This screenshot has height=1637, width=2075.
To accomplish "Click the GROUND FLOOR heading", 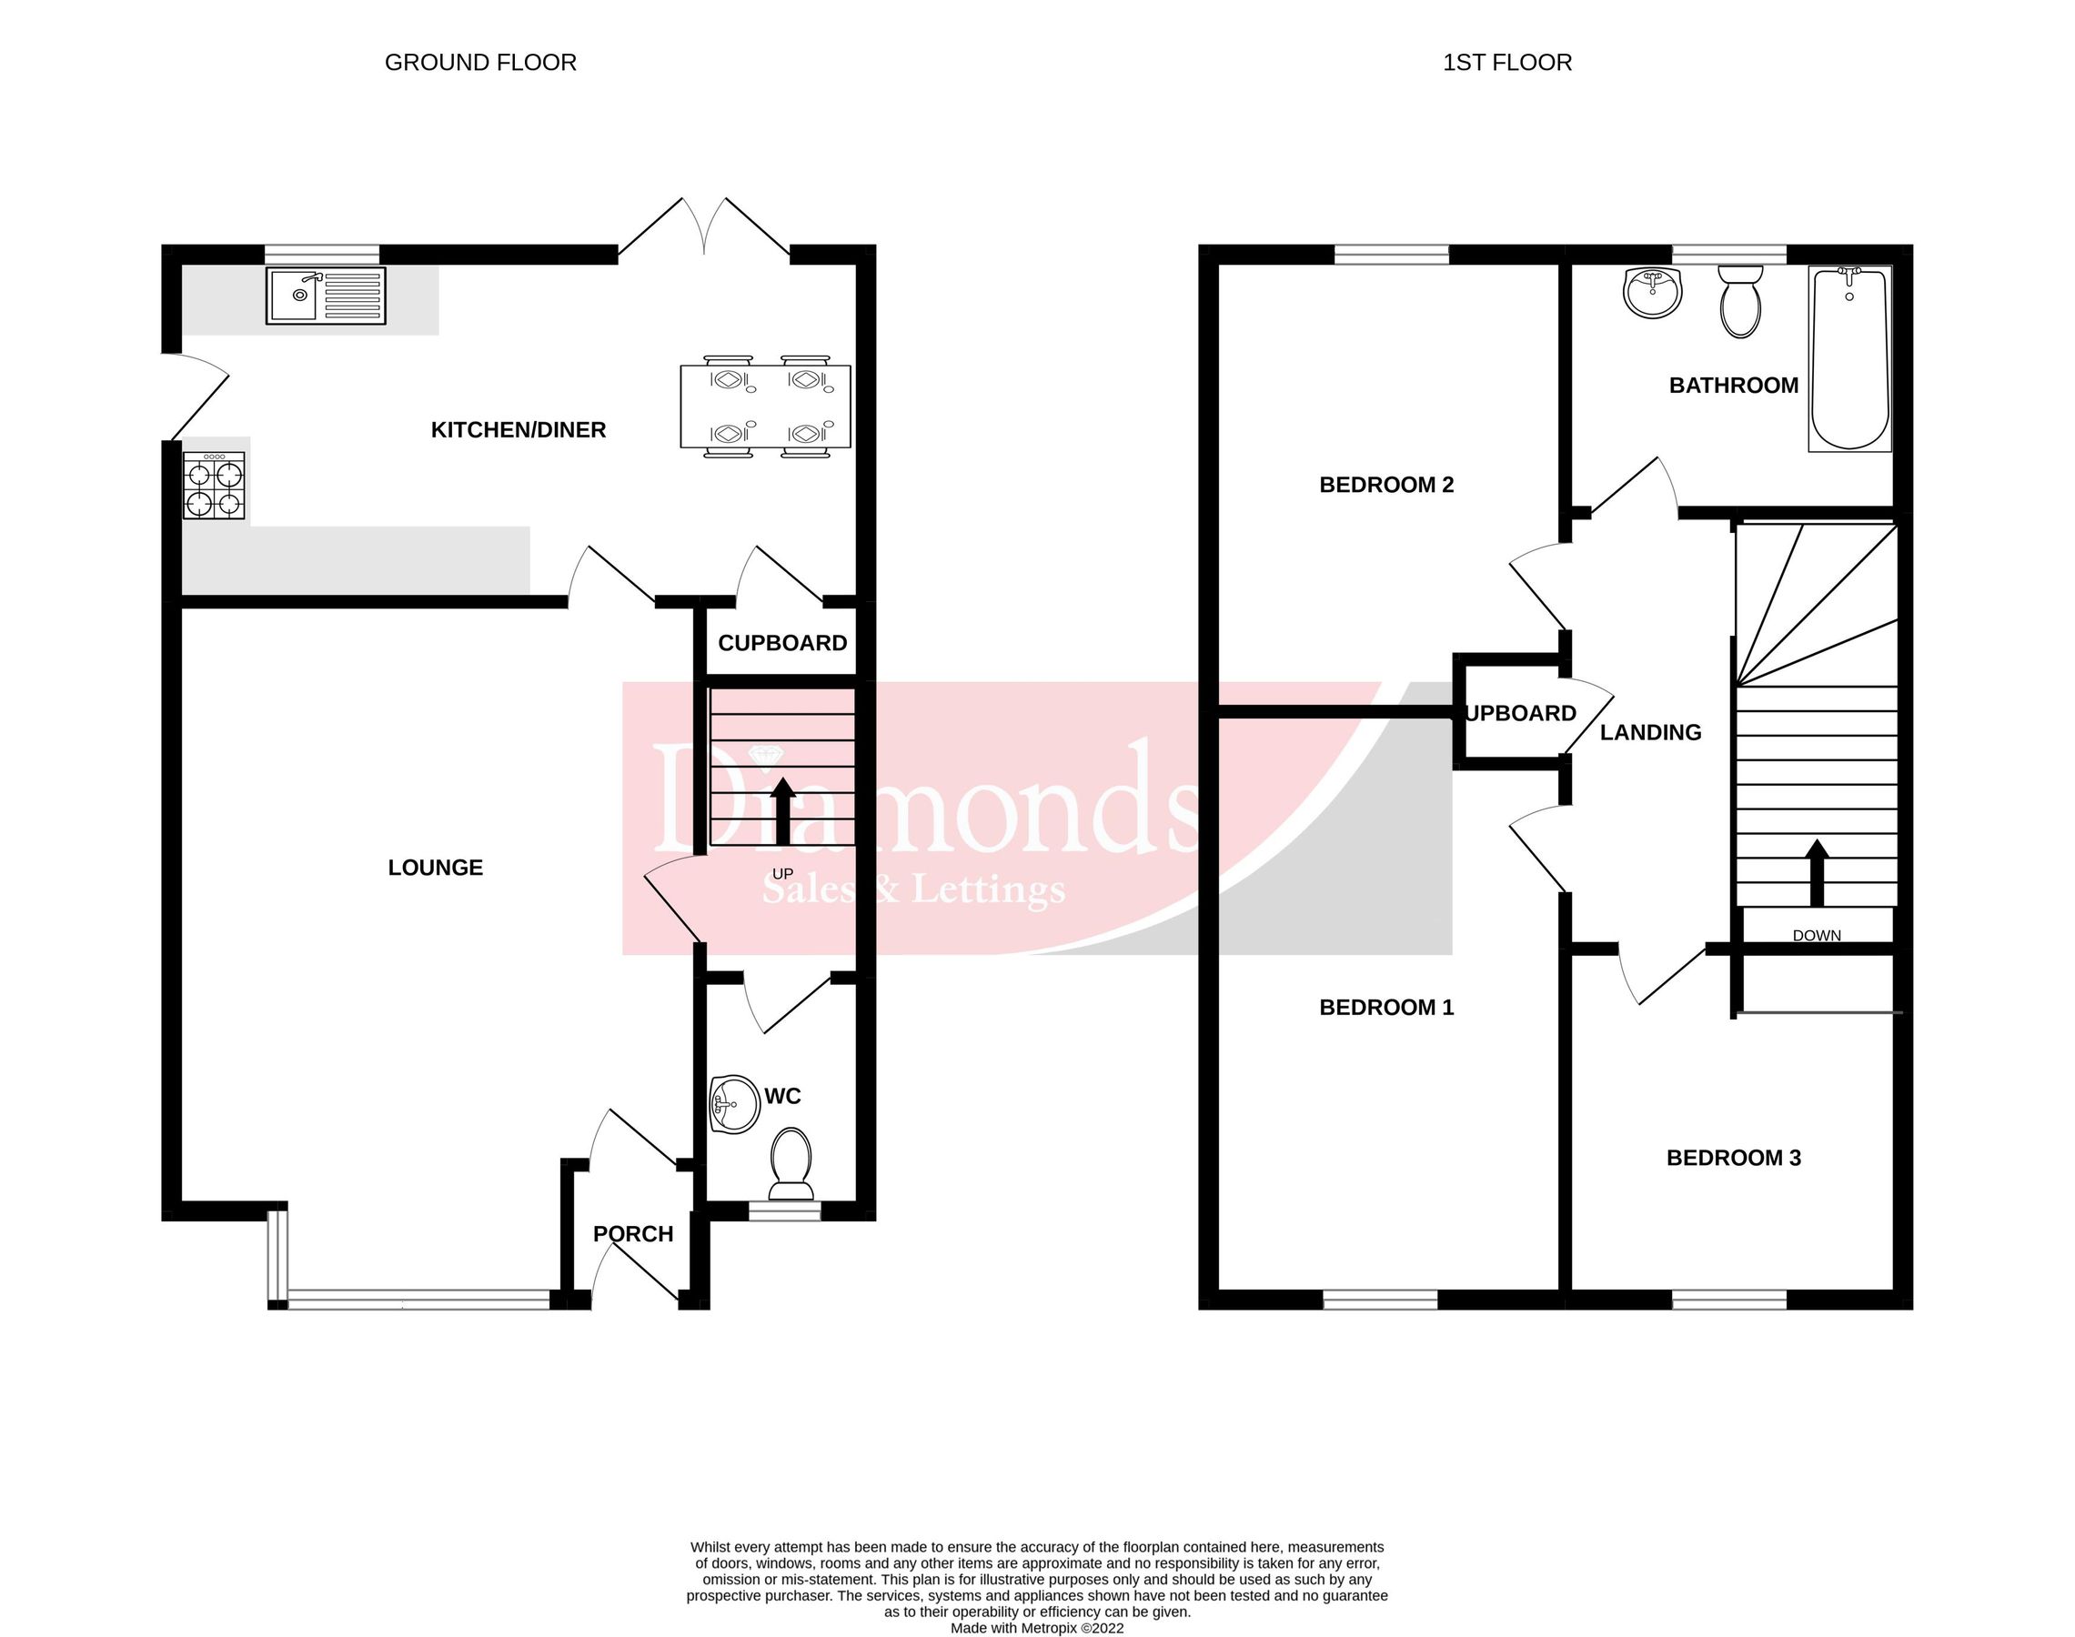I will pyautogui.click(x=480, y=64).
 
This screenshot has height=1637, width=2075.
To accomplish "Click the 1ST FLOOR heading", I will pyautogui.click(x=1506, y=64).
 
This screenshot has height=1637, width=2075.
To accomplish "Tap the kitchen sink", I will pyautogui.click(x=326, y=296).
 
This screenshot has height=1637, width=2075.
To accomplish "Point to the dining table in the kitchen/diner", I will pyautogui.click(x=766, y=407).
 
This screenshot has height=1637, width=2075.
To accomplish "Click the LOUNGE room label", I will pyautogui.click(x=435, y=868).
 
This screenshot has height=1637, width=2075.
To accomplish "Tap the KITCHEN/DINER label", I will pyautogui.click(x=519, y=430).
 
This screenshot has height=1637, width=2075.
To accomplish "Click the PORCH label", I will pyautogui.click(x=632, y=1233).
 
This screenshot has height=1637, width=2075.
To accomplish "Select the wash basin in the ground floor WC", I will pyautogui.click(x=732, y=1104).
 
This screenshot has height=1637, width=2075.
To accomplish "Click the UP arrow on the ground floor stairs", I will pyautogui.click(x=783, y=810).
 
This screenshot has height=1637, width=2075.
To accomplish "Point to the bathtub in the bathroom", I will pyautogui.click(x=1848, y=358).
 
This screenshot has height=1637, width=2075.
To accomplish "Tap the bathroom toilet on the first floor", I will pyautogui.click(x=1740, y=301).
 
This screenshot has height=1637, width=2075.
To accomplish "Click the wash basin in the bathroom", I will pyautogui.click(x=1652, y=291).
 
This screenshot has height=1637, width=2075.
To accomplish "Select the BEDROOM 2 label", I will pyautogui.click(x=1385, y=485).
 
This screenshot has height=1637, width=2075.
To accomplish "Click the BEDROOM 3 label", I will pyautogui.click(x=1733, y=1158).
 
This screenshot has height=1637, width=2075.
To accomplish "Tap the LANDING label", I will pyautogui.click(x=1650, y=732).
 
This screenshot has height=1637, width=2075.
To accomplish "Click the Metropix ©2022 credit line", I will pyautogui.click(x=1036, y=1627).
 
